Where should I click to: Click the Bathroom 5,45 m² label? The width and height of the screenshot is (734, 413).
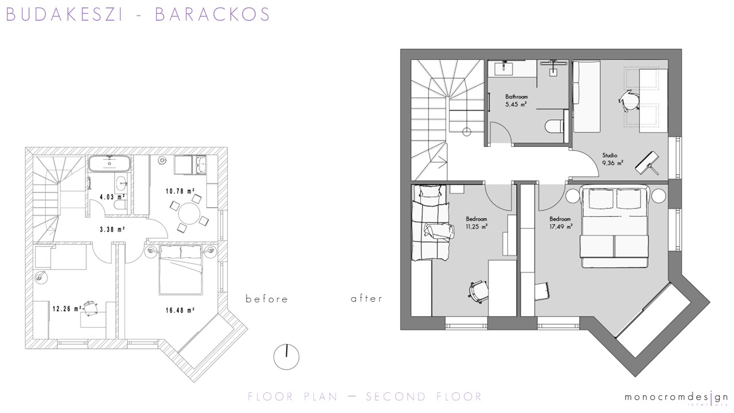coord(516,100)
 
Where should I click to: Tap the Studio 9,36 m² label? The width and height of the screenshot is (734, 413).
coord(612,159)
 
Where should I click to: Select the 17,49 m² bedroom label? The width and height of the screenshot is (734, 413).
coord(561,223)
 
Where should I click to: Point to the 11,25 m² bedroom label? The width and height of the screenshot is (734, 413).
coord(477,223)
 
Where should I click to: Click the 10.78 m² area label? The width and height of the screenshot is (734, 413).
coord(180,191)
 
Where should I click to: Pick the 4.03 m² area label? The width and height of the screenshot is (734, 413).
coord(112,197)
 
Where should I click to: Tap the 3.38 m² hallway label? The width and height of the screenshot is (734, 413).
coord(112,229)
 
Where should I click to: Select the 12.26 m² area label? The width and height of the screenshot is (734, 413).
coord(67,309)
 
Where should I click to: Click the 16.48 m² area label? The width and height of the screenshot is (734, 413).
coord(180,310)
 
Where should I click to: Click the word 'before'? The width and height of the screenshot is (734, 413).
coord(267,299)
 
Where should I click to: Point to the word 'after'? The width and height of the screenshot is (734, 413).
coord(366,299)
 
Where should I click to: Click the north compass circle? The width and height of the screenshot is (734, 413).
coord(286,357)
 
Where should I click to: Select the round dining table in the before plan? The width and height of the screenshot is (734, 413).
coord(189,213)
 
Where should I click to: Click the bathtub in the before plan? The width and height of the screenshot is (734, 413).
coord(110,164)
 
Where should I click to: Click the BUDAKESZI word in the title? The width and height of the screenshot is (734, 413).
coord(64,14)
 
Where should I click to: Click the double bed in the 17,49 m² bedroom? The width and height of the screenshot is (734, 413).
coord(614,227)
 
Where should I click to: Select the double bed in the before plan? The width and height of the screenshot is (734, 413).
coord(180,270)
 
